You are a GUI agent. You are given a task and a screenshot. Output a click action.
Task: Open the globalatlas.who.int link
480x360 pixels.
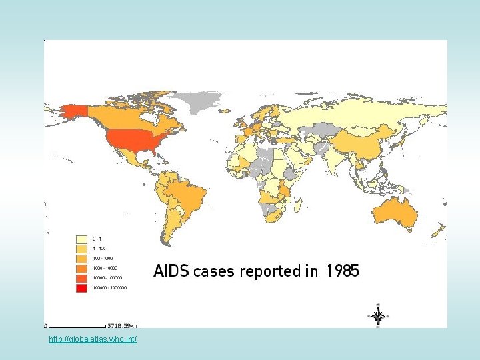pos(93,340)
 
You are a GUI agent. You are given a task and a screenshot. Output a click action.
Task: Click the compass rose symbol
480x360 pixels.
pos(377,316)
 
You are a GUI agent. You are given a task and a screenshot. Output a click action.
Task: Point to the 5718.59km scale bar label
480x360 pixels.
pos(124,326)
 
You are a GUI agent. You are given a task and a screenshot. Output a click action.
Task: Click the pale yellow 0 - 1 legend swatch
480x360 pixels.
pos(83,238)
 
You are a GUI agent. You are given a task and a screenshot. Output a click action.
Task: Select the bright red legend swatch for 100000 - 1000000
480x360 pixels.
pos(83,288)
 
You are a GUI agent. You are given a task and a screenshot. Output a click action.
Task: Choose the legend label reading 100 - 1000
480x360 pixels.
pos(103,258)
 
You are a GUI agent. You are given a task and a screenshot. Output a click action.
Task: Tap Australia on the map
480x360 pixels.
pos(395,213)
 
